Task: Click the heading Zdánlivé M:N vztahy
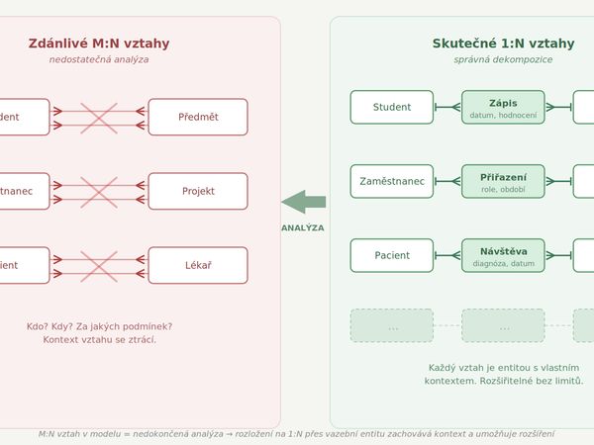click(99, 44)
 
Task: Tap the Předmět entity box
click(198, 117)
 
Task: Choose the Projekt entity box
click(198, 191)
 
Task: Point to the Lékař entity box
click(198, 265)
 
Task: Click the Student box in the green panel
click(392, 107)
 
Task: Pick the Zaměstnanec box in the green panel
click(392, 181)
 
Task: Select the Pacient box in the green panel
click(392, 255)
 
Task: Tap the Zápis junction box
click(503, 107)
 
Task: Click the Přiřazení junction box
click(503, 181)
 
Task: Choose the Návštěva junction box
click(503, 255)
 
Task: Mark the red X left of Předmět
click(98, 117)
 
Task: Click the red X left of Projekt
click(98, 191)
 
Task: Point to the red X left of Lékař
click(98, 265)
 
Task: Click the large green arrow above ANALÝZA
click(304, 202)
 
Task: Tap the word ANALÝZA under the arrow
click(304, 227)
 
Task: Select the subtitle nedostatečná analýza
click(99, 59)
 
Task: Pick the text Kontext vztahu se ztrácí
click(99, 340)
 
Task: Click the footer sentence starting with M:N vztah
click(296, 433)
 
